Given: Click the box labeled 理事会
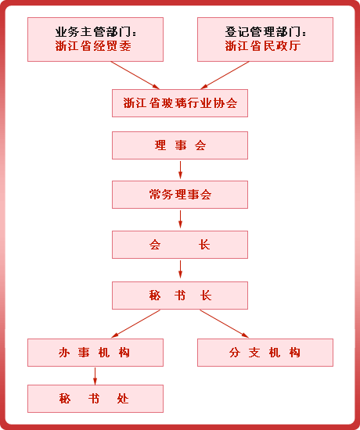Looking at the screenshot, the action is [x=180, y=145].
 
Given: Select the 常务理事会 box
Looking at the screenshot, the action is [x=180, y=195].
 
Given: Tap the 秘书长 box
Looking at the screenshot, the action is [x=180, y=296].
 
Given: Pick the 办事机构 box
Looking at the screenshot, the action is [x=95, y=353].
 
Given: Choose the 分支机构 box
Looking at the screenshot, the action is [x=265, y=353].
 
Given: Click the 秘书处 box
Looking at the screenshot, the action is [x=95, y=399].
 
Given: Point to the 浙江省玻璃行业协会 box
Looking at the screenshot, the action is [x=180, y=103].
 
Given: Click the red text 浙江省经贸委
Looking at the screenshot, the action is [x=93, y=46].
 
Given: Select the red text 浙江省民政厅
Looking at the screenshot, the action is [x=263, y=46].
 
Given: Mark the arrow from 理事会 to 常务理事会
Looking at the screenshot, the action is [x=180, y=170].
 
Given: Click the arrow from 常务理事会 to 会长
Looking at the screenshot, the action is [x=180, y=219].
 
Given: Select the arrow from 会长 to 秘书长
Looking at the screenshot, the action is [x=180, y=269].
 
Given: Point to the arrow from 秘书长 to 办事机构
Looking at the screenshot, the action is [x=135, y=324].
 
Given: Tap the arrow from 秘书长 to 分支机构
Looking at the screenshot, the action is [x=225, y=324].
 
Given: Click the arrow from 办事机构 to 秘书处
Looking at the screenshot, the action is [x=95, y=376].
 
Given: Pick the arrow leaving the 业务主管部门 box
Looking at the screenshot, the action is [x=135, y=75].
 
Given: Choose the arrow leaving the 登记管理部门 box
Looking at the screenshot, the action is [x=225, y=75].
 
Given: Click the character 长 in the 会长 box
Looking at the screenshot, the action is [x=204, y=245].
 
